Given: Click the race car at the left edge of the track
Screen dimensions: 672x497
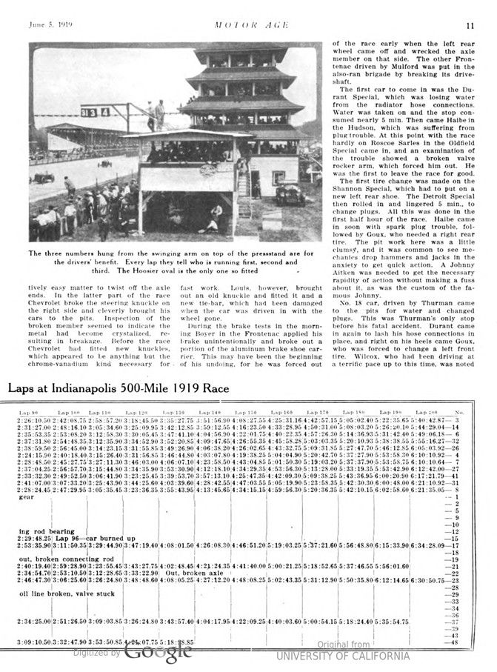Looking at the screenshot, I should (44, 177).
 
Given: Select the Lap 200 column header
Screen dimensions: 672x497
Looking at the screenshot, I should (427, 411).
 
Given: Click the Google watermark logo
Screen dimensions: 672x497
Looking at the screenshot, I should (157, 652).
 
